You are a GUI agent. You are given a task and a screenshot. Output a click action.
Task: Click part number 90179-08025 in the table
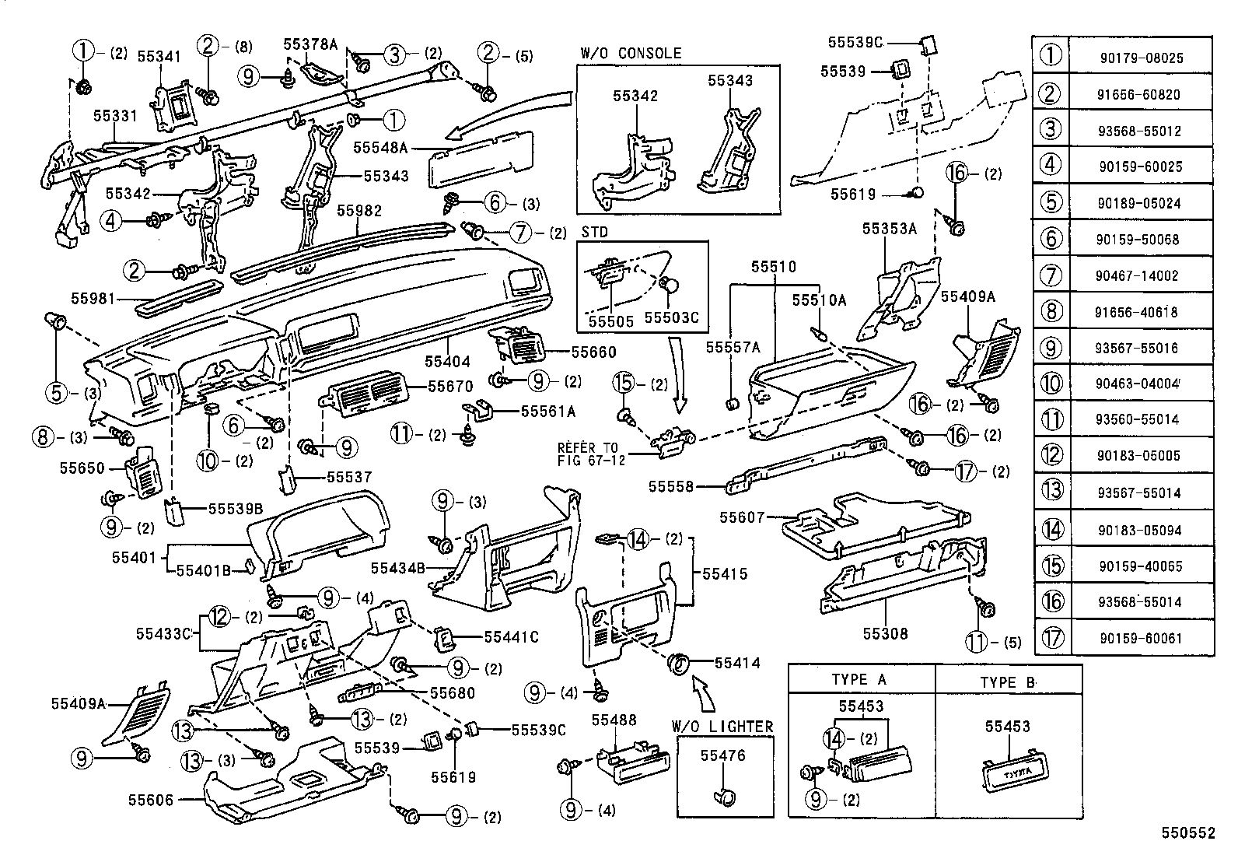click(1141, 58)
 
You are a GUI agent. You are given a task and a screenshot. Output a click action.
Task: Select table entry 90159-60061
click(1141, 639)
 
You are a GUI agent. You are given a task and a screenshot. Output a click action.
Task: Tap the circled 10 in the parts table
click(1051, 383)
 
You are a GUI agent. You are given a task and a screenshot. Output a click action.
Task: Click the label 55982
click(358, 210)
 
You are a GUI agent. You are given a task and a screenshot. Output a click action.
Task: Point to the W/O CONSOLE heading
click(630, 54)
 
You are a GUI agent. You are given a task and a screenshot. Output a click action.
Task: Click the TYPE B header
click(1008, 682)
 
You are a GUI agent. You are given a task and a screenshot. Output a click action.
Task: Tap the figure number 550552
click(1187, 833)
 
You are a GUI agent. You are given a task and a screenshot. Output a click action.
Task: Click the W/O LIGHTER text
click(722, 727)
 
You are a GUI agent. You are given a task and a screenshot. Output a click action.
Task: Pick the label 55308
click(885, 633)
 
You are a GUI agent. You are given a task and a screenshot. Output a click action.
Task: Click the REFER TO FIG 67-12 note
click(591, 454)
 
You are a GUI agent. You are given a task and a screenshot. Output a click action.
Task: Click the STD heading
click(594, 232)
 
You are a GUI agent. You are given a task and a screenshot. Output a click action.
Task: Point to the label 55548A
click(380, 146)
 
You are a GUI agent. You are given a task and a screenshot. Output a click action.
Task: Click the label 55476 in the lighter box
click(722, 755)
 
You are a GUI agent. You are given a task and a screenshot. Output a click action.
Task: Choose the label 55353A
click(889, 229)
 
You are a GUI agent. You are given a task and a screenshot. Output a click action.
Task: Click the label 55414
click(737, 663)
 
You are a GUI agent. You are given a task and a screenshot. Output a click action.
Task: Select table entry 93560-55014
click(1141, 419)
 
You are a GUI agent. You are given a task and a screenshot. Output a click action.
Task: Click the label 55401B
click(203, 570)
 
